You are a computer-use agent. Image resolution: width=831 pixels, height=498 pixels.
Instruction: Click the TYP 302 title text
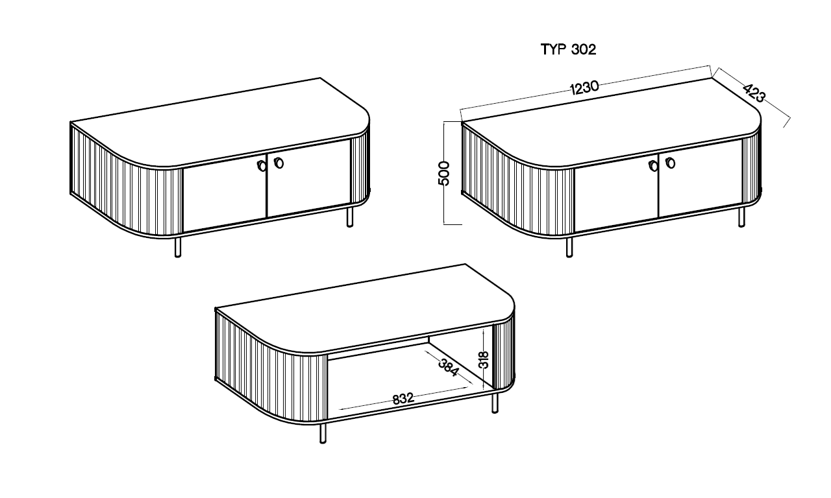(568, 49)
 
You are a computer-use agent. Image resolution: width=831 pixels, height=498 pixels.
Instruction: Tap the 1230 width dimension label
(584, 88)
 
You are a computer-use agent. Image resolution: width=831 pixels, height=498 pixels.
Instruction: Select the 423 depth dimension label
(754, 93)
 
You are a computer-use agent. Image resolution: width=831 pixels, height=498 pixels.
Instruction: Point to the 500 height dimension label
(444, 173)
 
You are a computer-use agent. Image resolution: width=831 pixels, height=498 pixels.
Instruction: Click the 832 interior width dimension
(403, 399)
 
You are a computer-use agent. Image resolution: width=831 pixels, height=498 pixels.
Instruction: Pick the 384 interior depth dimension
(449, 368)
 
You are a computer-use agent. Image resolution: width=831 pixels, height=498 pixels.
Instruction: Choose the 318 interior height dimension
(484, 359)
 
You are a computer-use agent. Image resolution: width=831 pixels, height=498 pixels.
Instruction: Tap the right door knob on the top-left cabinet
(279, 163)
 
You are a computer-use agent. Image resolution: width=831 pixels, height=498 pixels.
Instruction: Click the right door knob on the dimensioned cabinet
(671, 163)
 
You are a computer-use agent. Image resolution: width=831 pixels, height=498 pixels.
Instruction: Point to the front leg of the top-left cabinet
(178, 247)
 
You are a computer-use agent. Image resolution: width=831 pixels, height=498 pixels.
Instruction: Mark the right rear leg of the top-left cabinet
(350, 217)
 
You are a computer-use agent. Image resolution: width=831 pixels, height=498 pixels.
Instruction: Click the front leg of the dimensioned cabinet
(569, 247)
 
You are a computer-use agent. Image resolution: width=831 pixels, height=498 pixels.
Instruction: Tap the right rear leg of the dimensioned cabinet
(741, 217)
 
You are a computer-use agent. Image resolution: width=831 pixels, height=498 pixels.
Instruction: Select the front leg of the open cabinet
(323, 433)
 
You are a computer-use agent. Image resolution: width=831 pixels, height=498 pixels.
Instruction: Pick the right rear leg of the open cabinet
(495, 403)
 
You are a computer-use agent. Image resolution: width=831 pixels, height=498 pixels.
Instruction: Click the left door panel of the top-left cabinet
(225, 193)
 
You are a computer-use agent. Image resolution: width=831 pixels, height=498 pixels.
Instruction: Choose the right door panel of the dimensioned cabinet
(701, 178)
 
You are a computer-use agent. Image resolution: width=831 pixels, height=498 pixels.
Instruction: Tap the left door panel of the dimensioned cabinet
(617, 193)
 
